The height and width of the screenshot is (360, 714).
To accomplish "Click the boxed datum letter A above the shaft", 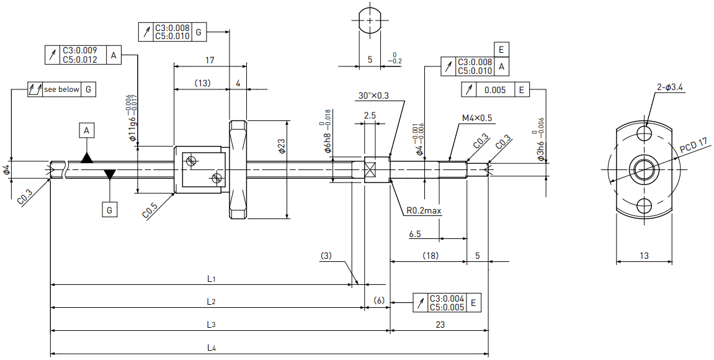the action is tap(86, 131).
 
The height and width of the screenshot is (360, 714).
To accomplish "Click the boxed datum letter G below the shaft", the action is tap(109, 210).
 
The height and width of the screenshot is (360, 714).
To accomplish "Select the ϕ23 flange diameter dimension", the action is tap(282, 145).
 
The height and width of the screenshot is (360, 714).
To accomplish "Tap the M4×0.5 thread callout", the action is tap(477, 118).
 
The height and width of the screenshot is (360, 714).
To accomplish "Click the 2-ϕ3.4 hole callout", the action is tap(670, 88).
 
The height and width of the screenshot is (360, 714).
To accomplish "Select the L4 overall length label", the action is tap(211, 348).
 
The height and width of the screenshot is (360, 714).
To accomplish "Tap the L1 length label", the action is tap(211, 279).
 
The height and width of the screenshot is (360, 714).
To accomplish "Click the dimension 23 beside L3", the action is tap(440, 325).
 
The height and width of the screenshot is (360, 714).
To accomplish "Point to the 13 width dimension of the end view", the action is tap(644, 256).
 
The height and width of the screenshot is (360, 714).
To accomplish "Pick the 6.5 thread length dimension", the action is tap(415, 234).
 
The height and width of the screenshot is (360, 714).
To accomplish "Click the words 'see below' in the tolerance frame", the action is tap(61, 89).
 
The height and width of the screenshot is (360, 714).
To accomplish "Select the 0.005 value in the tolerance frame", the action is tap(495, 90).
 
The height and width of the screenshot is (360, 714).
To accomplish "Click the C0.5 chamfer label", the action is tap(150, 211).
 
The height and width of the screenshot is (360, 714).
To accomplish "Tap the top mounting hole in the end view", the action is tap(645, 133).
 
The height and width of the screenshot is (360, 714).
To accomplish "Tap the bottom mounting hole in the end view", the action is tap(645, 205).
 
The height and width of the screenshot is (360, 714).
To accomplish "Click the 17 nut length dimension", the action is tap(210, 60).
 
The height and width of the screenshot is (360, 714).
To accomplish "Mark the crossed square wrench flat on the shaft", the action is tap(371, 169).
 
